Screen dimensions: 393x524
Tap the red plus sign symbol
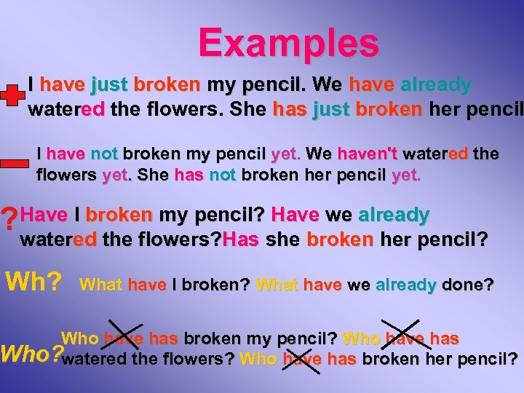(11, 97)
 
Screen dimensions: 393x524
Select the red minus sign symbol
(15, 164)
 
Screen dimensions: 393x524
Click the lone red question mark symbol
(9, 218)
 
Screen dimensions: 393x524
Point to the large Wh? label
(33, 280)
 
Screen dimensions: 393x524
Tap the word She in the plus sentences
(248, 110)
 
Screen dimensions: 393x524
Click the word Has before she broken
(241, 239)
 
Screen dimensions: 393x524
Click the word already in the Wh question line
(405, 285)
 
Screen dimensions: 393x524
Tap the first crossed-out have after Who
(124, 338)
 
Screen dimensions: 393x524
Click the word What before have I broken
(101, 285)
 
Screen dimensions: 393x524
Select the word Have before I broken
(45, 215)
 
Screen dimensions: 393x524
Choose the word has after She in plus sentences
(290, 110)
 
